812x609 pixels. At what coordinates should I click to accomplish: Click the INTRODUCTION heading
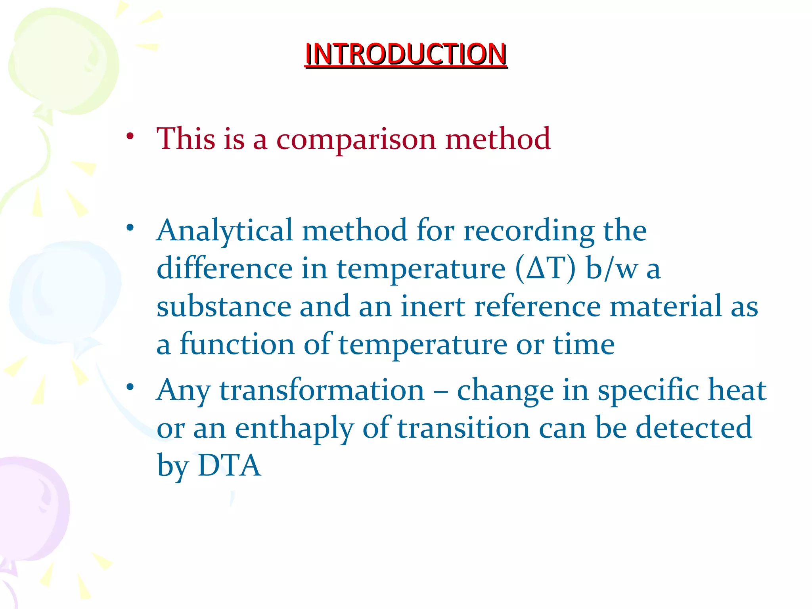pos(406,54)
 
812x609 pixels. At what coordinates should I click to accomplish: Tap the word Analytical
pos(224,231)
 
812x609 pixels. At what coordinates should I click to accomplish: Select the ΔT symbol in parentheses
pos(546,269)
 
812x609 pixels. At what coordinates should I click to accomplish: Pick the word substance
pos(224,306)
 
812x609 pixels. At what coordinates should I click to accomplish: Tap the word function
pos(237,344)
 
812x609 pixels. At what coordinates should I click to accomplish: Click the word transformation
pos(322,390)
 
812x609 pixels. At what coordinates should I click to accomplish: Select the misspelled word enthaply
pos(294,428)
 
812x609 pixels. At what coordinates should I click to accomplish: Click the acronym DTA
pos(229,465)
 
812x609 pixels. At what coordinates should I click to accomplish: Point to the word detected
pos(693,428)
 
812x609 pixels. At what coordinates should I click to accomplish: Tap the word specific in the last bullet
pos(648,390)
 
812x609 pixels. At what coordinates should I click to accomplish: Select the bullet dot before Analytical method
pos(130,228)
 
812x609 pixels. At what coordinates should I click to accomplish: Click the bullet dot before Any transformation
pos(130,387)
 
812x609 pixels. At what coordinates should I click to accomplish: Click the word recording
pos(529,231)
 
